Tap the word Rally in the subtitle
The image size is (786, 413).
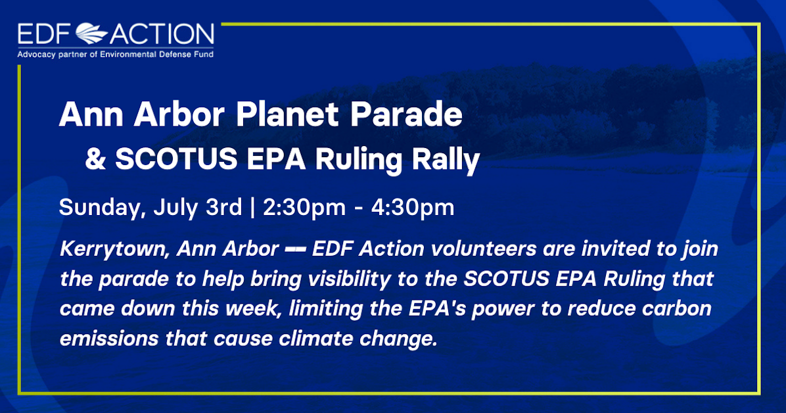click(447, 160)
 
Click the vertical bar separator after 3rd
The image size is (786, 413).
click(252, 208)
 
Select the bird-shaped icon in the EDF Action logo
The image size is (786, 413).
click(96, 33)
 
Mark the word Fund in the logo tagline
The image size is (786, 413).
click(203, 54)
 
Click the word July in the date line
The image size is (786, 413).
click(177, 208)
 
